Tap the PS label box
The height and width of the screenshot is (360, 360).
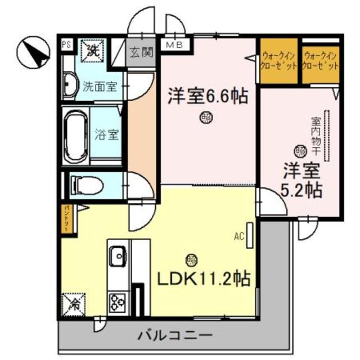66,44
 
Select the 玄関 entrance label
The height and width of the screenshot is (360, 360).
141,53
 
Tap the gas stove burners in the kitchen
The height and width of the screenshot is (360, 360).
118,302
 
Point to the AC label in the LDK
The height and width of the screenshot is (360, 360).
238,236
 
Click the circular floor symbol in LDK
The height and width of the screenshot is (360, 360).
191,259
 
